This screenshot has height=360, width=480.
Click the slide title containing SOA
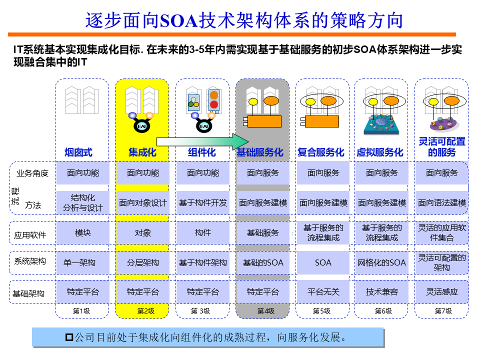click(243, 20)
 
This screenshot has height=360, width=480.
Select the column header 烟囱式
click(79, 152)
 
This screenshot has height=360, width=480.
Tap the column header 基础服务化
click(259, 152)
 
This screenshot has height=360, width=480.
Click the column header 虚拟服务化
click(379, 152)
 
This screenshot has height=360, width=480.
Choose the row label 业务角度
click(32, 173)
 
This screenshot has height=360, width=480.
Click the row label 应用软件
click(30, 234)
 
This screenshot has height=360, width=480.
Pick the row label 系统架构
click(30, 261)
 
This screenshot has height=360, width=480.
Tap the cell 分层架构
click(143, 262)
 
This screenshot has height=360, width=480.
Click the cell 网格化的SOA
click(382, 262)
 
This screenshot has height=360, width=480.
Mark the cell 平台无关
click(323, 291)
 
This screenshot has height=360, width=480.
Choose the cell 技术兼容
click(382, 291)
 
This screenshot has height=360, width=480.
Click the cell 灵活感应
click(442, 291)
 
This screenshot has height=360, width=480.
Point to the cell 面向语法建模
click(442, 203)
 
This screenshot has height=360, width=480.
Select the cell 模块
click(83, 232)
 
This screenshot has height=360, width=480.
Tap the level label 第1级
click(81, 311)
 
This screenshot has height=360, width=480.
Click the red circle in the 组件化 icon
click(214, 104)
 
